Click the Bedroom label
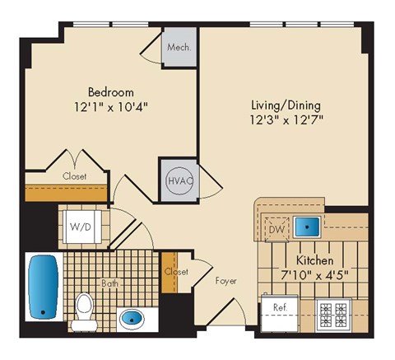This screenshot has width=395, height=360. [111, 91]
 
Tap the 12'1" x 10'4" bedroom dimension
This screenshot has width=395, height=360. [111, 107]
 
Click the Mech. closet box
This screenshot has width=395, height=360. [179, 47]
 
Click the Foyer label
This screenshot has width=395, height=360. [225, 281]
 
